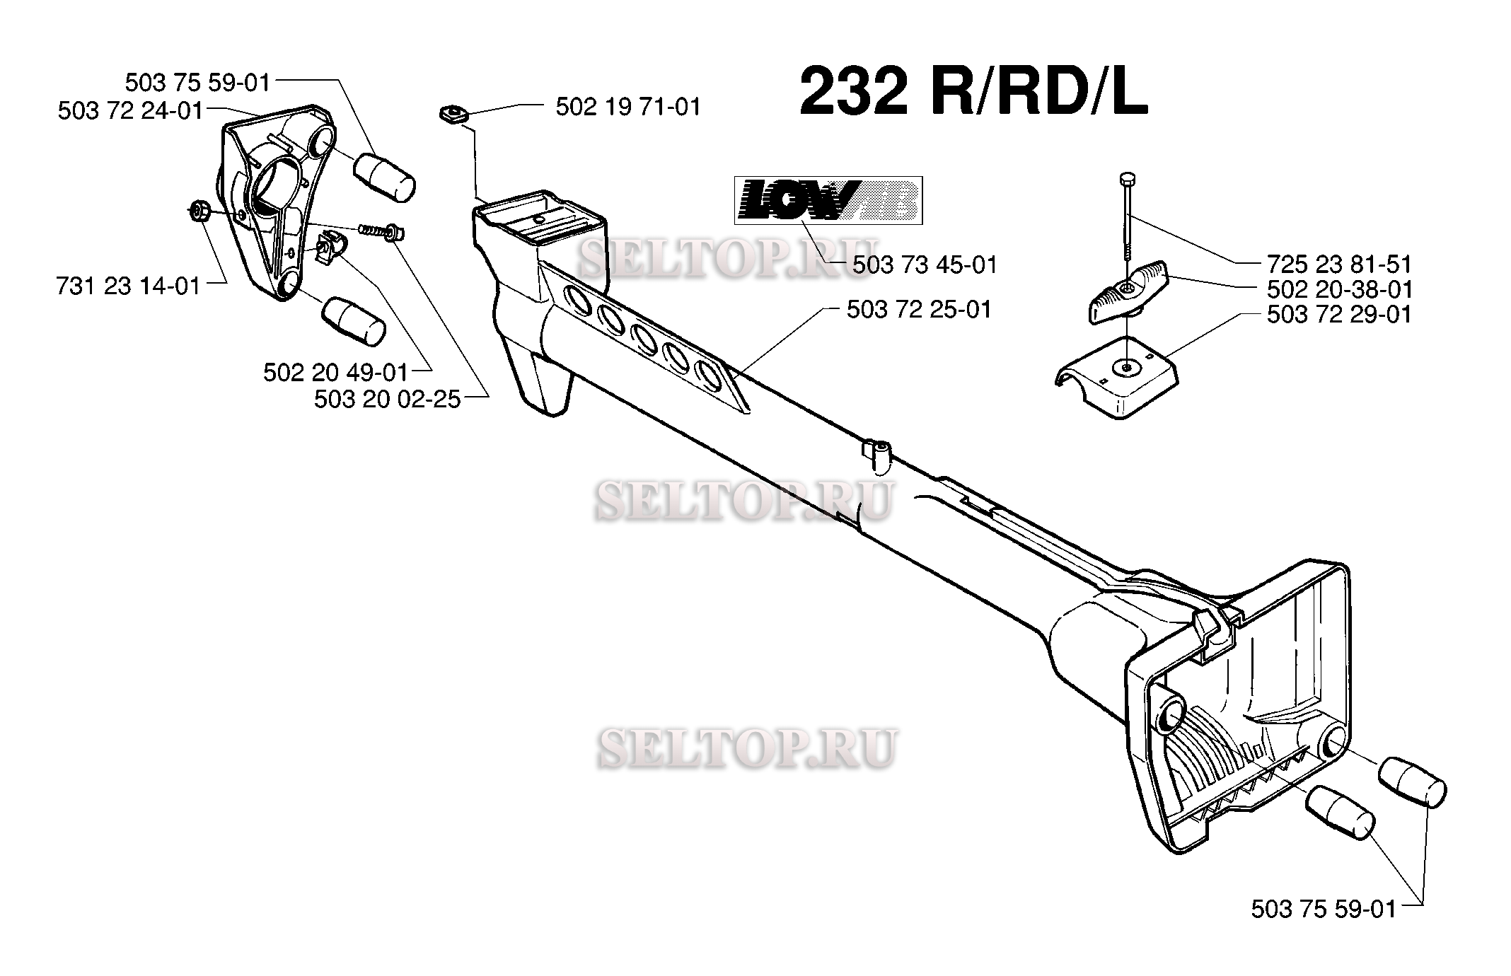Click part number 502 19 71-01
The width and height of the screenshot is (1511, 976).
point(628,107)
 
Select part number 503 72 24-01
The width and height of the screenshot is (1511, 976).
point(131,111)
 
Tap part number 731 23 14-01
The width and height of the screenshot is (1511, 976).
point(128,286)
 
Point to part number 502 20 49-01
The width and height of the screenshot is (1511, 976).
point(336,373)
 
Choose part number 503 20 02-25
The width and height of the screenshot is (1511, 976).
point(387,400)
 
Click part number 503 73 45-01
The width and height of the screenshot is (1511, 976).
point(925,265)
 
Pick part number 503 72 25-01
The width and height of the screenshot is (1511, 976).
point(920,310)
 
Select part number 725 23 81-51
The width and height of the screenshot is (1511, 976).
point(1339,265)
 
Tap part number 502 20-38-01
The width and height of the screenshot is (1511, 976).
point(1339,289)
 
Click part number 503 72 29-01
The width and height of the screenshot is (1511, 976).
point(1339,315)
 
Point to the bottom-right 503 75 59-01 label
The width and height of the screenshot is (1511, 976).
point(1324,909)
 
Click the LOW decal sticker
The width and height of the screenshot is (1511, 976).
point(828,200)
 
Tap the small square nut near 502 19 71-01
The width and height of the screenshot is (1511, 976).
point(453,113)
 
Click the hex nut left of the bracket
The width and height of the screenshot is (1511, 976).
point(199,211)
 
